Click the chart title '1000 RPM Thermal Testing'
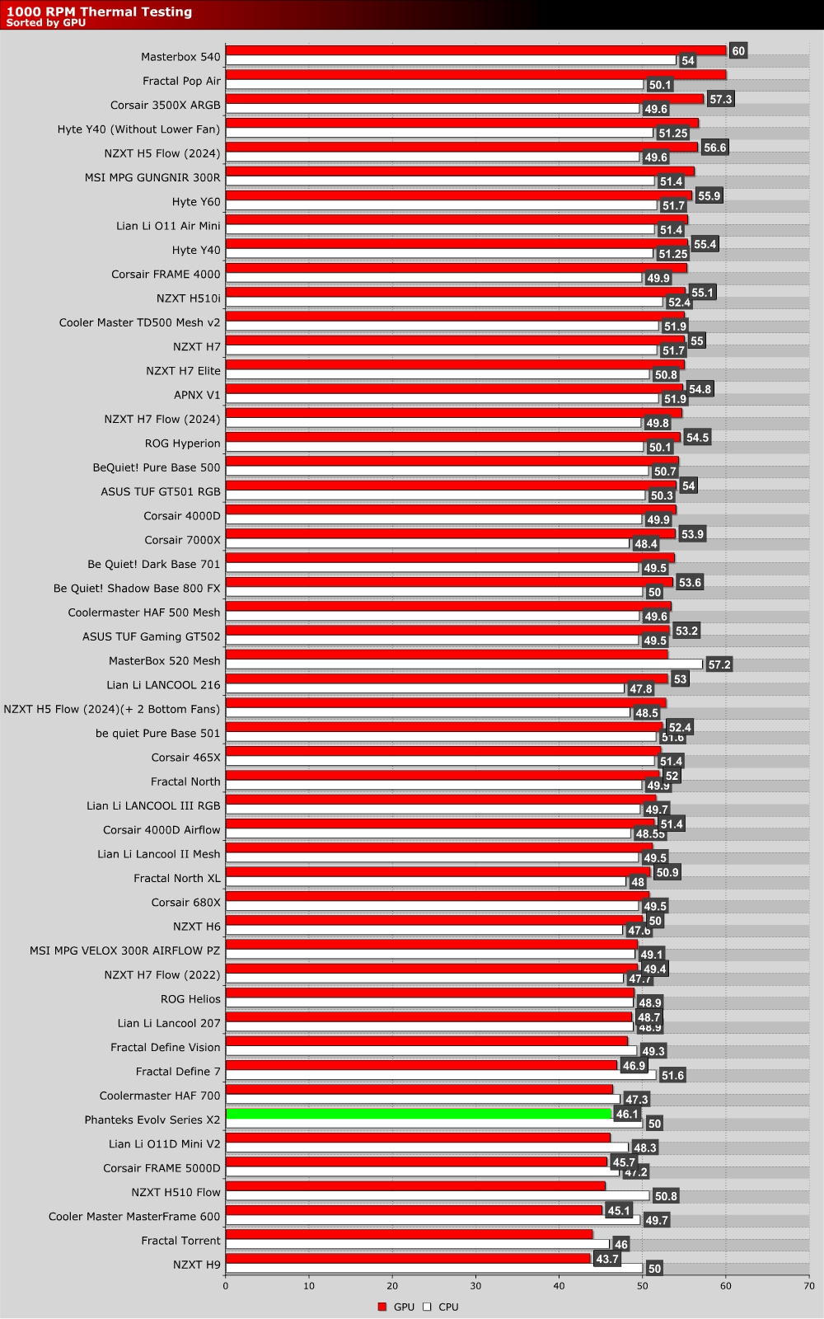[x=99, y=12]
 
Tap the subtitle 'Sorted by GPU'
[x=45, y=23]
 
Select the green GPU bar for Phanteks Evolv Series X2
[x=419, y=1114]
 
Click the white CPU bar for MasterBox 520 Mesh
[x=464, y=664]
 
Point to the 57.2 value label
[x=719, y=664]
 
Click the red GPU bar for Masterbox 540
[x=475, y=51]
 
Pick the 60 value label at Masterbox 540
[x=737, y=51]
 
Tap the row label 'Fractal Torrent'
[x=180, y=1241]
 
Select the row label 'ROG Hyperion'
[x=182, y=444]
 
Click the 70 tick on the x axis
[x=808, y=1285]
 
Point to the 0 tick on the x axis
[x=226, y=1285]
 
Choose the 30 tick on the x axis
[x=475, y=1285]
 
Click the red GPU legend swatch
[x=382, y=1307]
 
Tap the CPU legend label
[x=448, y=1307]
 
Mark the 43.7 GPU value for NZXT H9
[x=606, y=1260]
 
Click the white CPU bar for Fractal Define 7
[x=441, y=1075]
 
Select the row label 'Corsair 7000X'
[x=182, y=540]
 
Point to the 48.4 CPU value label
[x=645, y=544]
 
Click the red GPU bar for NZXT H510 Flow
[x=415, y=1186]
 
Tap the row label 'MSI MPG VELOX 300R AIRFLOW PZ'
[x=125, y=951]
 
